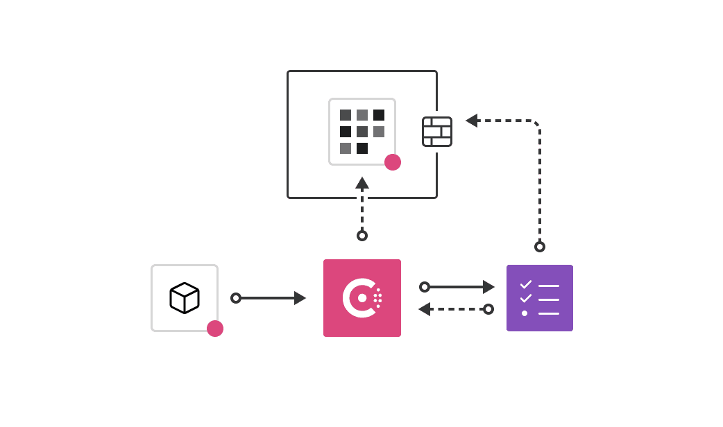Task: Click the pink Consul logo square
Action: tap(362, 298)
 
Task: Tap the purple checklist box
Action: tap(540, 298)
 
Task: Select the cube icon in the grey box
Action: tap(185, 298)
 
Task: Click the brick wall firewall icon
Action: tap(437, 132)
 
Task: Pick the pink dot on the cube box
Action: tap(215, 329)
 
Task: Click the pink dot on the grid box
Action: tap(393, 162)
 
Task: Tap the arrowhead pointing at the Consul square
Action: tap(300, 298)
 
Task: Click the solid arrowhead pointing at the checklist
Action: tap(488, 287)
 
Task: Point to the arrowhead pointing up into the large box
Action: tap(362, 183)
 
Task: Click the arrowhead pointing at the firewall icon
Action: tap(472, 121)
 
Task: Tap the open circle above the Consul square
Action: tap(362, 236)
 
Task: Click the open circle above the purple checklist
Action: tap(540, 247)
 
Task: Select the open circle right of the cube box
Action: tap(236, 298)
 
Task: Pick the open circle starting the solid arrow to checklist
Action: tap(425, 287)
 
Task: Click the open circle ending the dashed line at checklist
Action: tap(488, 309)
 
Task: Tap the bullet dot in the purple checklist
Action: tap(525, 313)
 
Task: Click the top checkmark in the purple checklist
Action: tap(526, 284)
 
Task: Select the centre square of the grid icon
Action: tap(362, 132)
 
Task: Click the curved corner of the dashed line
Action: tap(536, 124)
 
